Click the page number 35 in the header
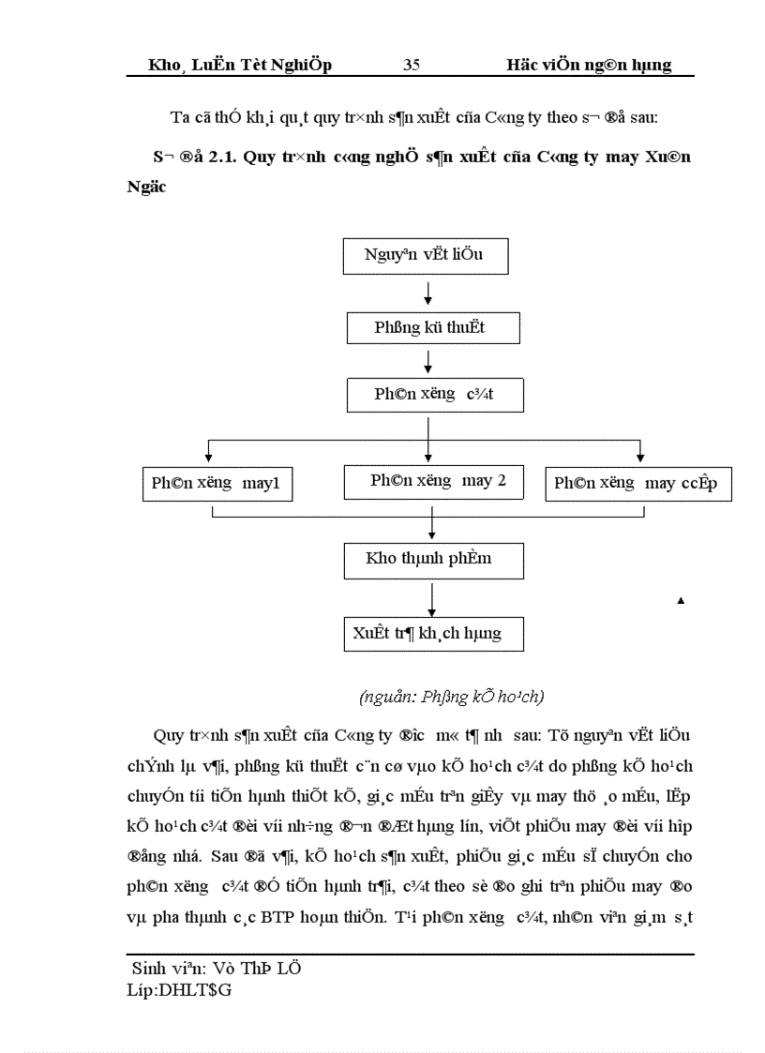click(412, 65)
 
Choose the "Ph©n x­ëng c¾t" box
click(434, 395)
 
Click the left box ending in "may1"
click(216, 484)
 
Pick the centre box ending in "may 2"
click(438, 482)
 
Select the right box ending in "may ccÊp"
click(637, 484)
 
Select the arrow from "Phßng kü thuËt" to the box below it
click(427, 362)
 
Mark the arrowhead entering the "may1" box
click(208, 459)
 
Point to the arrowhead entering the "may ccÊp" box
click(639, 459)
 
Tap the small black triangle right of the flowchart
click(681, 600)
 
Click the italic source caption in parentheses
click(452, 697)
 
